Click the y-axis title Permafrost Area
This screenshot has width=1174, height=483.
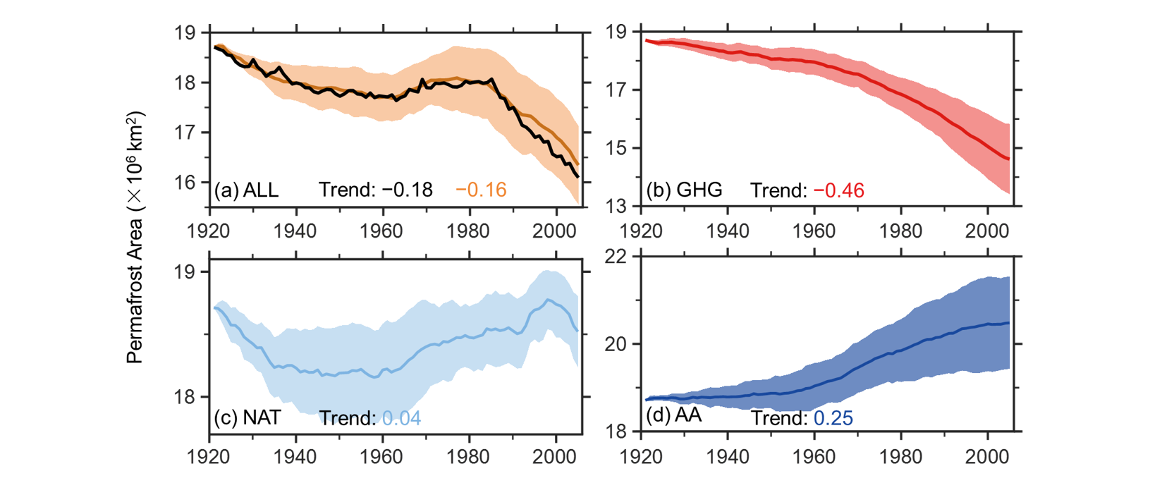click(x=135, y=237)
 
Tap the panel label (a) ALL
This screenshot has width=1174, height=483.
click(x=246, y=190)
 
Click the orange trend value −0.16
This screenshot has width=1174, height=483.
click(x=481, y=190)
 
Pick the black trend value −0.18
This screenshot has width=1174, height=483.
click(x=407, y=190)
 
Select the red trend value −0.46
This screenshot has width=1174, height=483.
click(x=838, y=190)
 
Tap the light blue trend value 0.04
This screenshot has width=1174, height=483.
click(x=401, y=418)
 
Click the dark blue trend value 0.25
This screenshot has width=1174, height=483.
click(x=833, y=418)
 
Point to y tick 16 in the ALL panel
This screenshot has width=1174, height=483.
click(x=185, y=183)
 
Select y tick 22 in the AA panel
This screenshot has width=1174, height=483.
click(x=616, y=256)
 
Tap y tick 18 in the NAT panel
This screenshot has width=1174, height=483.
click(x=185, y=398)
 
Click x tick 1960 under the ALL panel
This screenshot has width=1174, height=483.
click(x=382, y=231)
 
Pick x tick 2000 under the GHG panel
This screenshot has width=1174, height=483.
click(x=987, y=231)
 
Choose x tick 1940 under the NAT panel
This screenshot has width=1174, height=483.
click(x=295, y=457)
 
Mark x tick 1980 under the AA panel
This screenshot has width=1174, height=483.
click(x=900, y=457)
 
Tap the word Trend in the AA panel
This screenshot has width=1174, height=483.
click(x=778, y=418)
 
